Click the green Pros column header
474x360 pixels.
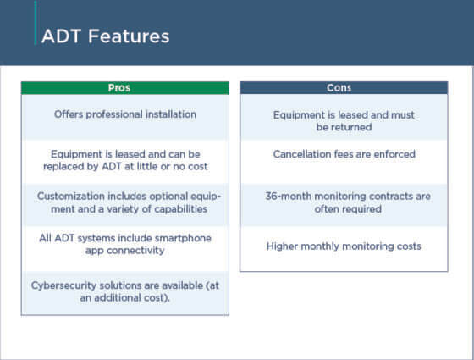tap(124, 88)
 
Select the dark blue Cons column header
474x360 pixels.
tap(344, 88)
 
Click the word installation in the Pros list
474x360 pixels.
tap(171, 114)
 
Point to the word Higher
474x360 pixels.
tap(284, 246)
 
